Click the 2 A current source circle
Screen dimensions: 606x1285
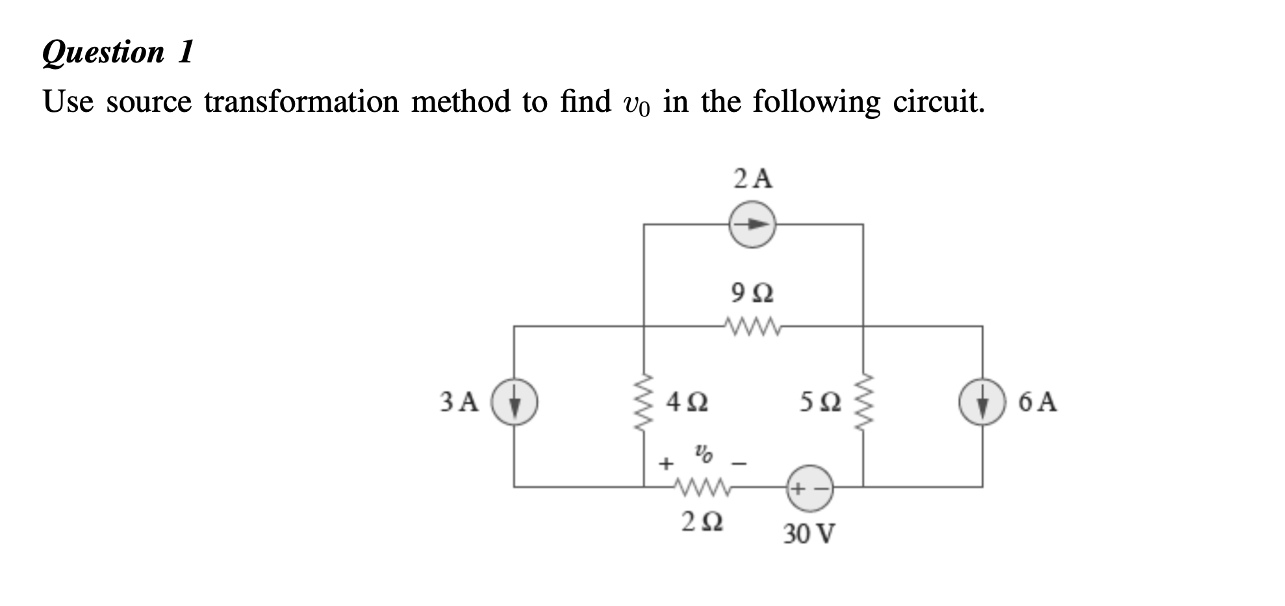[752, 224]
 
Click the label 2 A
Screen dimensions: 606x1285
[753, 178]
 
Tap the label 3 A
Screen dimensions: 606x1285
[459, 402]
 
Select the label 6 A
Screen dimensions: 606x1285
[1037, 402]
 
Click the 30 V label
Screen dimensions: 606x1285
[809, 534]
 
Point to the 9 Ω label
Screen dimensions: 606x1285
[752, 293]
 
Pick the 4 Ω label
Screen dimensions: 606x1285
[687, 403]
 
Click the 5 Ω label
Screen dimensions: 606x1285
[821, 403]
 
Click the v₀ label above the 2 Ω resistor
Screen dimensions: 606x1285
[703, 453]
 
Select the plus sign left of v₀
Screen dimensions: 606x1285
[665, 464]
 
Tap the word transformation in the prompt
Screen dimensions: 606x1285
[301, 102]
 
